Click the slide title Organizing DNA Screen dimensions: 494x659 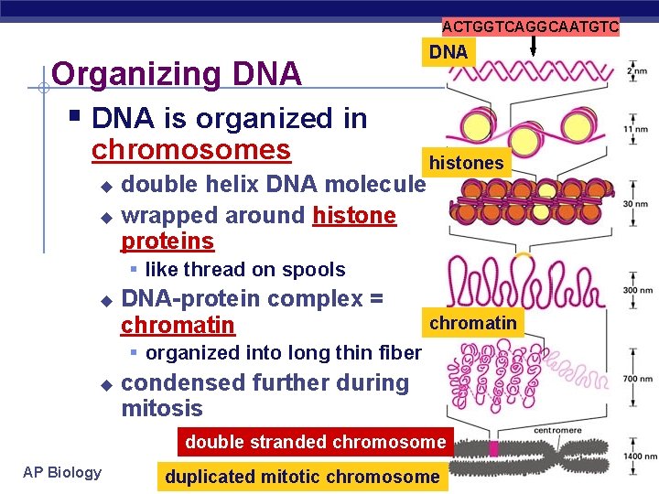[x=177, y=73]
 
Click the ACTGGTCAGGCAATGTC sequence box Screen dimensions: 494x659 [x=531, y=27]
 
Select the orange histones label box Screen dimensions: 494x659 [x=467, y=163]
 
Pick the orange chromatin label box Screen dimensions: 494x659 [x=473, y=322]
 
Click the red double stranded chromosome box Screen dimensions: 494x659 [x=315, y=442]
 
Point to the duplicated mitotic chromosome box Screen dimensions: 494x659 [x=302, y=477]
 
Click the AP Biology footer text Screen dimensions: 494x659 [x=62, y=472]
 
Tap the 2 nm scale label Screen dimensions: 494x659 [x=636, y=71]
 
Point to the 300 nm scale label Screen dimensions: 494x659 [x=634, y=290]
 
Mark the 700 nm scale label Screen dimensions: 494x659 [x=634, y=379]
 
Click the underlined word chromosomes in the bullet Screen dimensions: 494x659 [x=191, y=149]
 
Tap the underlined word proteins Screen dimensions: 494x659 [x=167, y=242]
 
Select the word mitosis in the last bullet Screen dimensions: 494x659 [x=162, y=408]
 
